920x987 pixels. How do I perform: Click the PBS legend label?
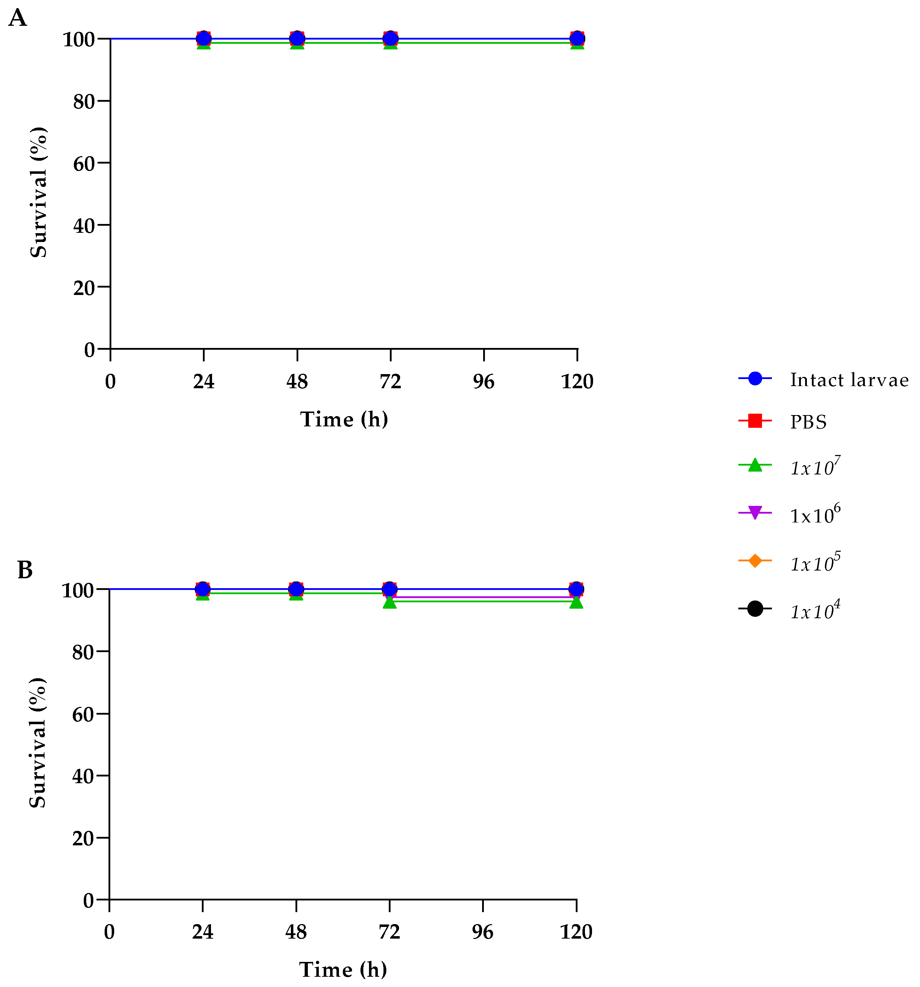pos(808,422)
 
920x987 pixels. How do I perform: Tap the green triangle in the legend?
pos(755,465)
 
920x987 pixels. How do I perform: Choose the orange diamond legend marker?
pos(755,561)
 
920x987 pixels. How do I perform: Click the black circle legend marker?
pos(755,609)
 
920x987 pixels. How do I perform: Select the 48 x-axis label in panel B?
pos(296,932)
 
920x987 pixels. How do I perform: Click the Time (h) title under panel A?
pos(344,420)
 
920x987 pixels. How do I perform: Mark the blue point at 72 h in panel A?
pos(391,38)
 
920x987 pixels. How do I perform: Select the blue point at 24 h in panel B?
pos(203,589)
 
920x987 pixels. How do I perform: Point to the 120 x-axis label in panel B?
pos(576,932)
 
